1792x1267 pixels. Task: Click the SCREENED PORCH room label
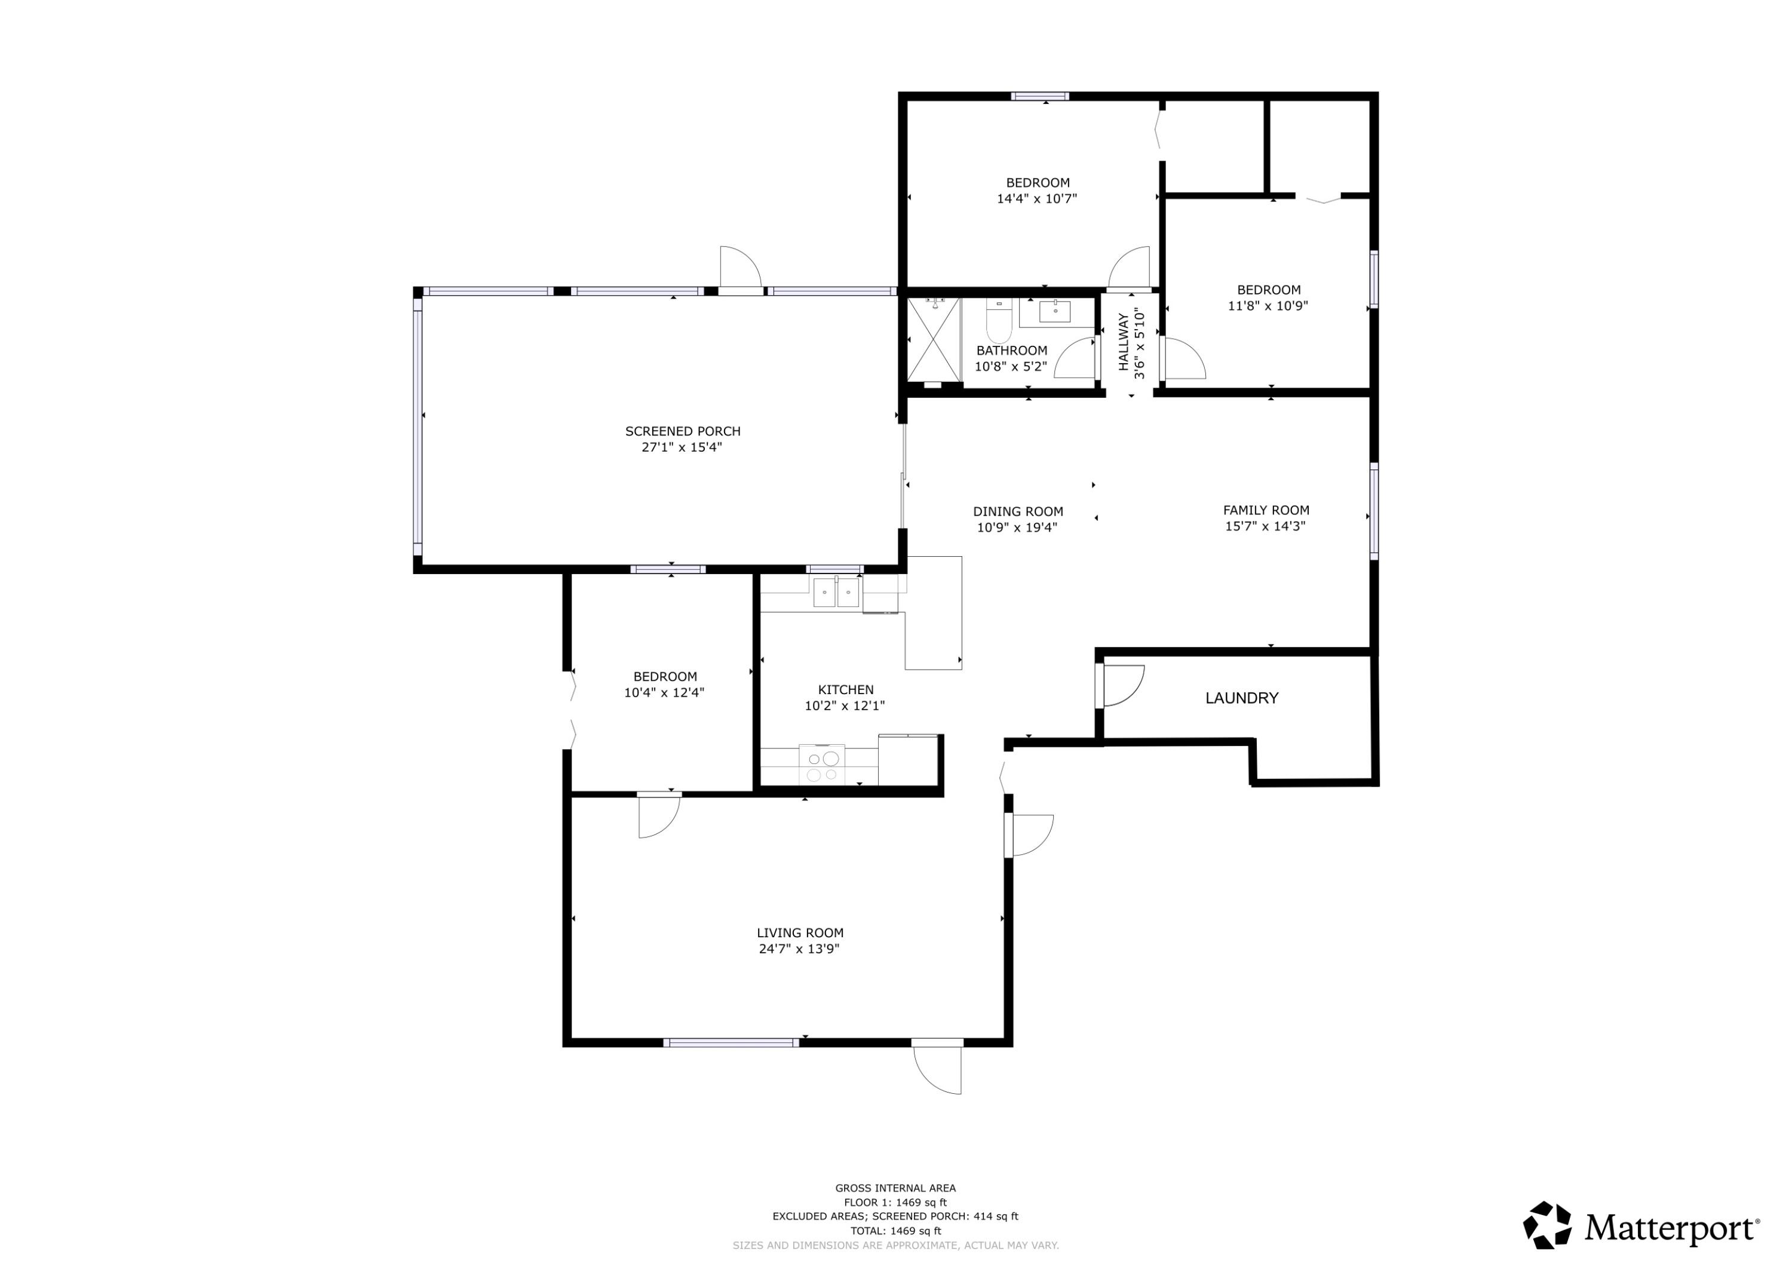682,431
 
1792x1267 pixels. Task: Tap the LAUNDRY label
1242,698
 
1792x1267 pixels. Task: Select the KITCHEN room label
845,689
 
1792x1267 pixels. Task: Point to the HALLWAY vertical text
1123,342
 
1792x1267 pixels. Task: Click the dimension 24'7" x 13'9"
800,949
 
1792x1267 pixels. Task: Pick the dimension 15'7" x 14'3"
1265,526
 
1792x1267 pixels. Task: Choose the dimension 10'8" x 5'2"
1011,366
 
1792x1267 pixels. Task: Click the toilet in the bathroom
998,320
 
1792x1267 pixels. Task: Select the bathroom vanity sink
1056,311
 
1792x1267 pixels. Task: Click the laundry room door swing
1121,685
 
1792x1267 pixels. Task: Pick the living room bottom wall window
731,1042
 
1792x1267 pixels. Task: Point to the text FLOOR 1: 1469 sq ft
895,1203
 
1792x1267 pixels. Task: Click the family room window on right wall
1374,511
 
